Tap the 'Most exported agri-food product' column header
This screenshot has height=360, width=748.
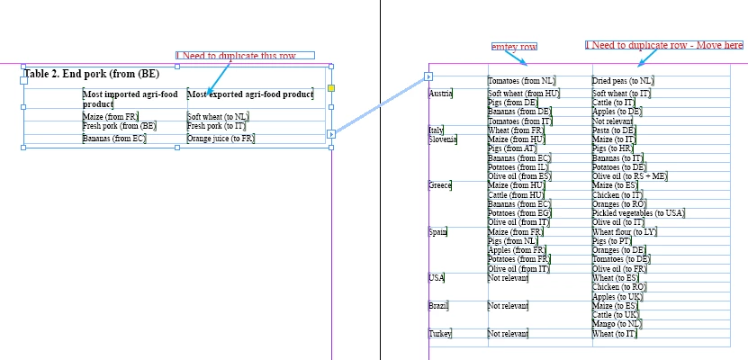pyautogui.click(x=249, y=94)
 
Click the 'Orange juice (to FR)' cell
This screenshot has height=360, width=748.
pyautogui.click(x=221, y=139)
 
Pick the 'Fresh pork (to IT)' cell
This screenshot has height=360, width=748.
pyautogui.click(x=216, y=126)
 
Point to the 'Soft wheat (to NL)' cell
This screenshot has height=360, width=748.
pyautogui.click(x=218, y=116)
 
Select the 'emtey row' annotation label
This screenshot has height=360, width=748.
pyautogui.click(x=514, y=46)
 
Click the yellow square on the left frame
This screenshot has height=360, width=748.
pyautogui.click(x=331, y=88)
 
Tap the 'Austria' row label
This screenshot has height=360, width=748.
pyautogui.click(x=440, y=93)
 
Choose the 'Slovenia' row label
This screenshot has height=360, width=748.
pyautogui.click(x=444, y=139)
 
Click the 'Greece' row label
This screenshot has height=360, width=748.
pyautogui.click(x=440, y=184)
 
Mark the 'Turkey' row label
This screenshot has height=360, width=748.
pyautogui.click(x=440, y=334)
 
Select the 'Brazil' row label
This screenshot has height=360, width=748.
pyautogui.click(x=438, y=306)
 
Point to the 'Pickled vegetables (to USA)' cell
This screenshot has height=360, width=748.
pyautogui.click(x=638, y=212)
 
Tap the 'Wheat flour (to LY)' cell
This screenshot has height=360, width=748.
pyautogui.click(x=625, y=231)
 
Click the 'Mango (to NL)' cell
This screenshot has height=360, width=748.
pyautogui.click(x=617, y=323)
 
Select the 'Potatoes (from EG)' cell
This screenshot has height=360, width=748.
pyautogui.click(x=518, y=212)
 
